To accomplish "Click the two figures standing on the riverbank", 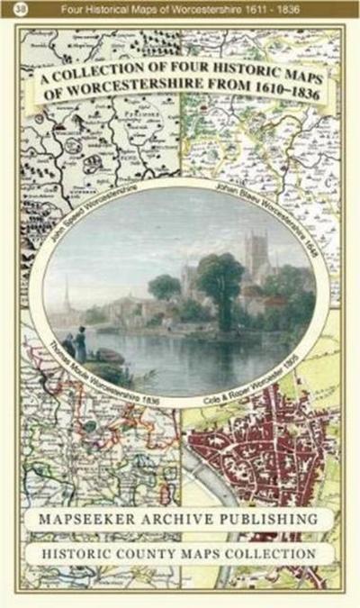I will (x=82, y=342).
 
